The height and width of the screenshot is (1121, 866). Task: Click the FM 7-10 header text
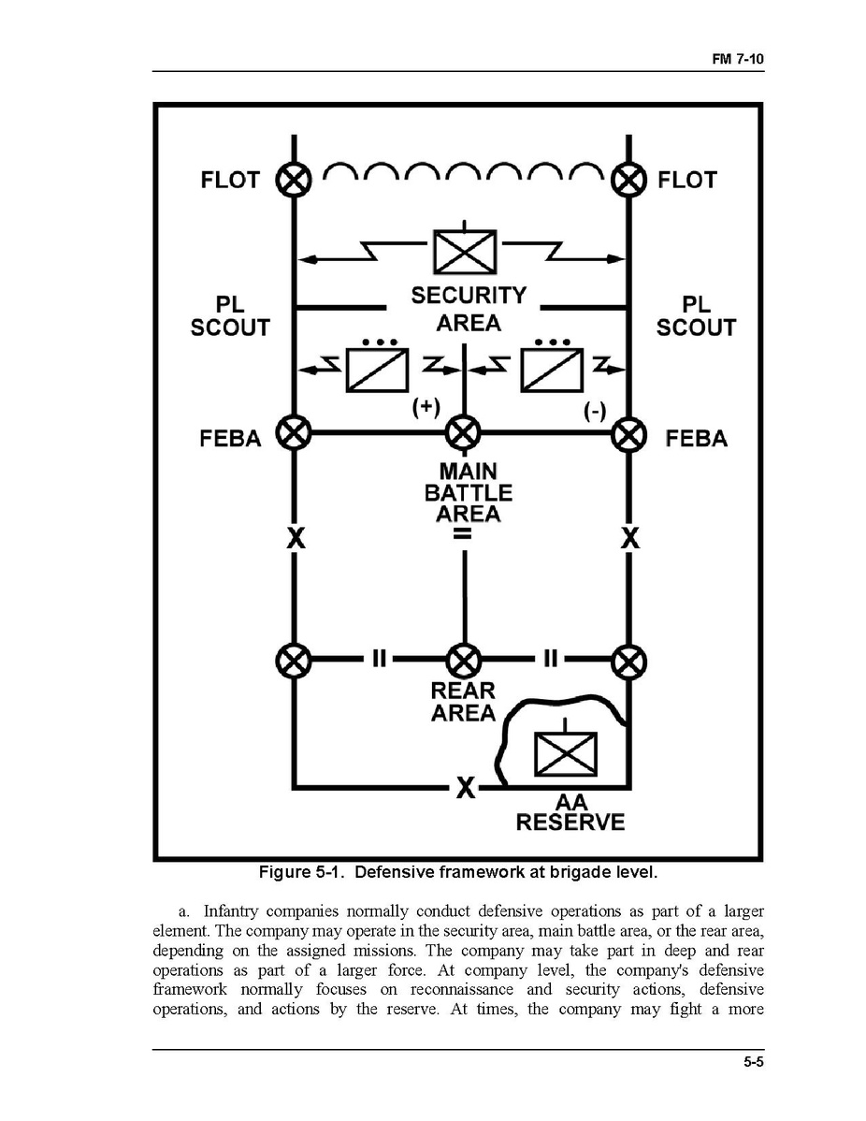coord(739,60)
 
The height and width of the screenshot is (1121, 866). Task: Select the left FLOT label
coord(229,180)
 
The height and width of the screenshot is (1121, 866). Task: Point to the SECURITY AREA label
coord(469,309)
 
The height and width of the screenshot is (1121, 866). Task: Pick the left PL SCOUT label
coord(229,316)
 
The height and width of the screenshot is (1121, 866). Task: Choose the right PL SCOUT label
coord(696,316)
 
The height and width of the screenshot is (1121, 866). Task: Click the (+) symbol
coord(426,408)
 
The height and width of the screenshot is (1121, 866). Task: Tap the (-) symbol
coord(594,412)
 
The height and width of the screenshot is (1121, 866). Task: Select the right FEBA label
coord(696,438)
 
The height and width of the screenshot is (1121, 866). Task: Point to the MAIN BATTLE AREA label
coord(469,493)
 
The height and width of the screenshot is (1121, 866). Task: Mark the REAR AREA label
coord(463,702)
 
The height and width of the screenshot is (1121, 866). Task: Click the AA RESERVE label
coord(570,813)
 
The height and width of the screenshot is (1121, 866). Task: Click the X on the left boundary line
coord(294,539)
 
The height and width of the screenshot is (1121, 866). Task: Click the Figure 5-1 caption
coord(458,873)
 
